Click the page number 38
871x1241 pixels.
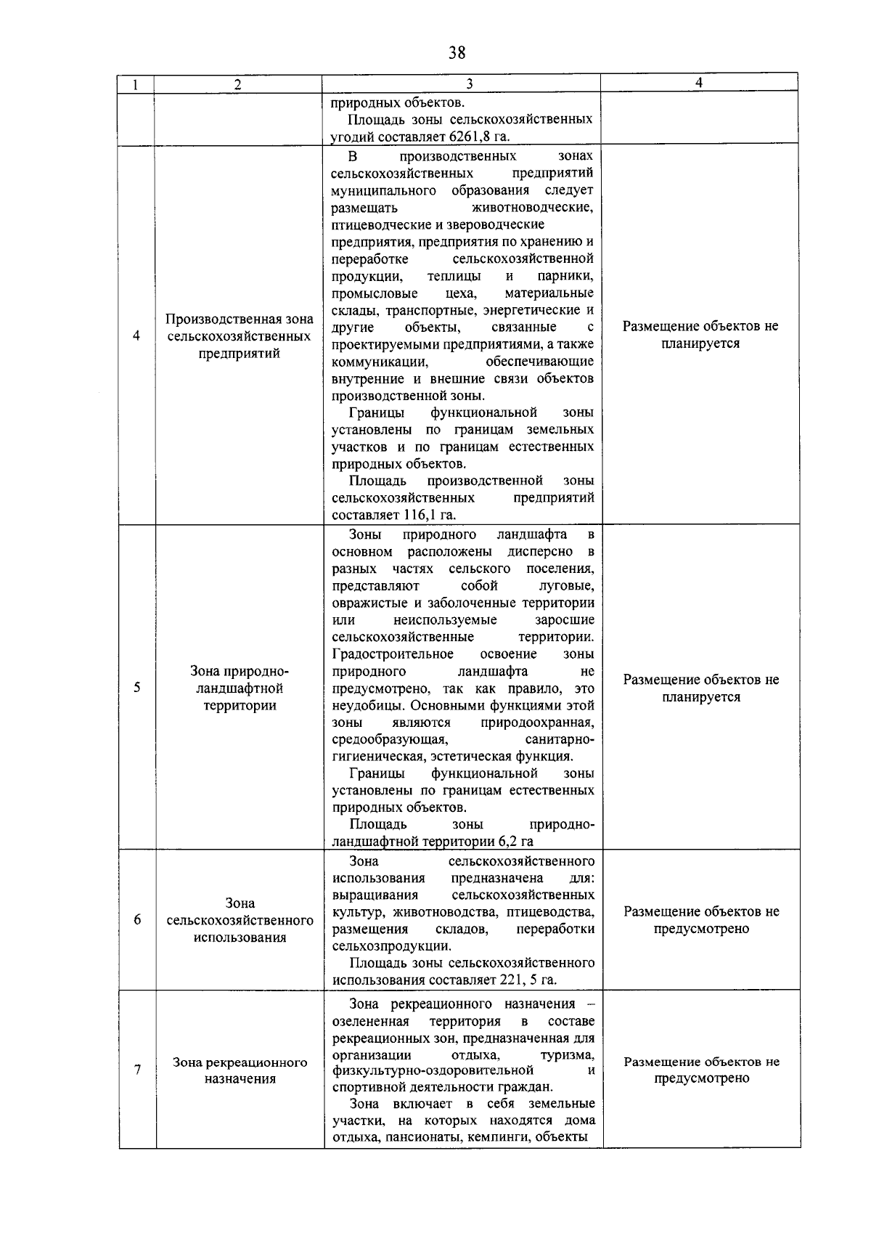click(x=457, y=52)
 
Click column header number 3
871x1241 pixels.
click(x=469, y=84)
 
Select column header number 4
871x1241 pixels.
click(x=698, y=83)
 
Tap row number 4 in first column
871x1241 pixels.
click(x=136, y=335)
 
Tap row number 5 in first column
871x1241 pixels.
click(x=136, y=688)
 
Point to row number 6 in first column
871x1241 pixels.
click(x=136, y=920)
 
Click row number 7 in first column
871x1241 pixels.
click(x=136, y=1070)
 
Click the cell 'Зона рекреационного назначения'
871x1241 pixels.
click(x=240, y=1070)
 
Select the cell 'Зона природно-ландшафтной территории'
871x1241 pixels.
click(x=240, y=688)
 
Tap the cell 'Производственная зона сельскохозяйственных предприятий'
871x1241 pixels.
click(x=240, y=336)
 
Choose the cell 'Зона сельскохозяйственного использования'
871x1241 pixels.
click(x=240, y=920)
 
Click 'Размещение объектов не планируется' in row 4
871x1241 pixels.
click(x=700, y=335)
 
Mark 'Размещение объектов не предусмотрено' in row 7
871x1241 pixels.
click(x=701, y=1070)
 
